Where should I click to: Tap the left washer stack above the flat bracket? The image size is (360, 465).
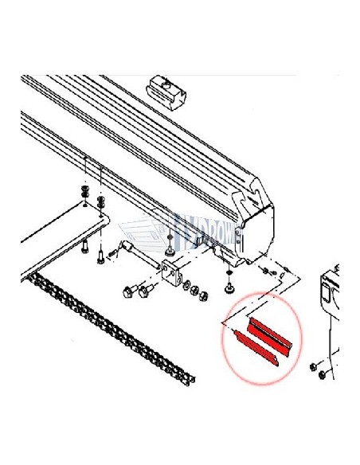[84, 195]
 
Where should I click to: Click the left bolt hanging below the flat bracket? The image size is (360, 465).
[84, 247]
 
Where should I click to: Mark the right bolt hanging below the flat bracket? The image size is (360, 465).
[100, 255]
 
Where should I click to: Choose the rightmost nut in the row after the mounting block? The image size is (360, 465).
[202, 295]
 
